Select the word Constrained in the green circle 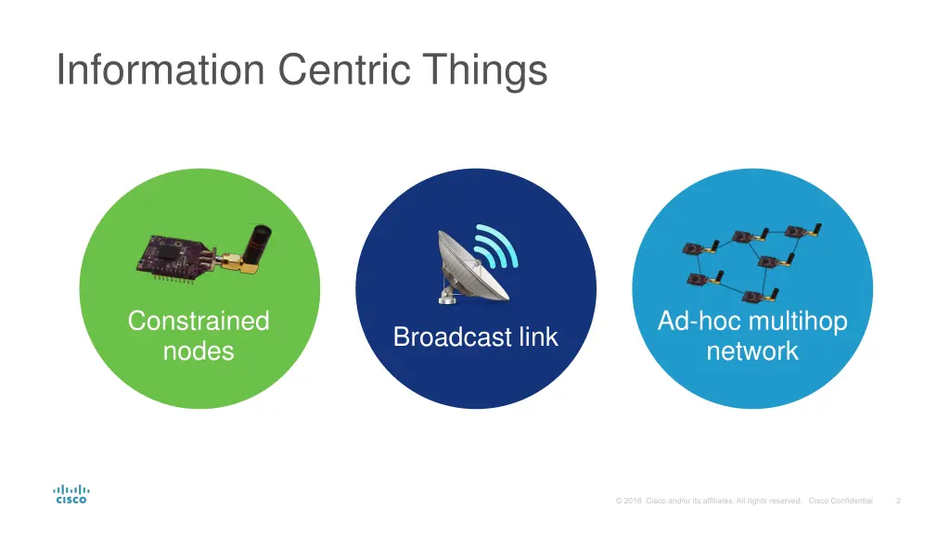(199, 321)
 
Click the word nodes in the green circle (199, 351)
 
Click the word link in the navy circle (537, 337)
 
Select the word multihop (798, 321)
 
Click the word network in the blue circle (752, 351)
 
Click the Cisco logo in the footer (71, 494)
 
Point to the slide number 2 (898, 501)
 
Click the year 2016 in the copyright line (632, 501)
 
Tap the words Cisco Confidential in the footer (841, 501)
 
